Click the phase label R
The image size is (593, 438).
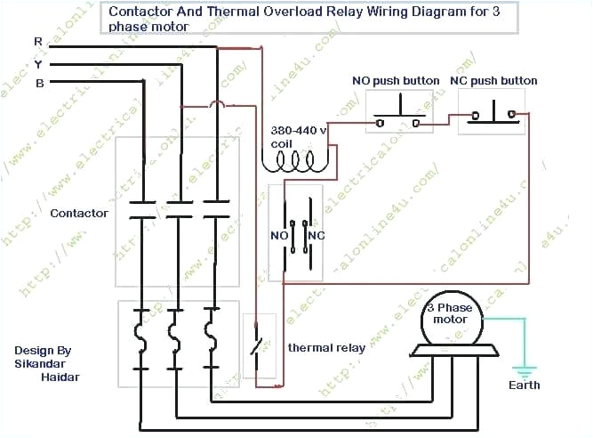click(x=37, y=42)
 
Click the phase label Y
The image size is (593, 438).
click(x=37, y=64)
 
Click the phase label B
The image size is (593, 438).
click(x=37, y=83)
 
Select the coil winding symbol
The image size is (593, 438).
click(x=297, y=161)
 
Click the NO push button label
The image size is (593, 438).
click(x=396, y=81)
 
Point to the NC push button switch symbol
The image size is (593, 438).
click(x=492, y=114)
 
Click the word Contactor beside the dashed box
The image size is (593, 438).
click(x=79, y=214)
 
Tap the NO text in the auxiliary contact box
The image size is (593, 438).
click(x=279, y=235)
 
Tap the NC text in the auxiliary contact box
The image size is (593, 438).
click(x=315, y=235)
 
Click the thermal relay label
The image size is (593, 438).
click(x=326, y=348)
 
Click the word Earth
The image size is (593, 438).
click(x=524, y=385)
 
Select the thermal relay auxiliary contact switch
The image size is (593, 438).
click(x=259, y=344)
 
